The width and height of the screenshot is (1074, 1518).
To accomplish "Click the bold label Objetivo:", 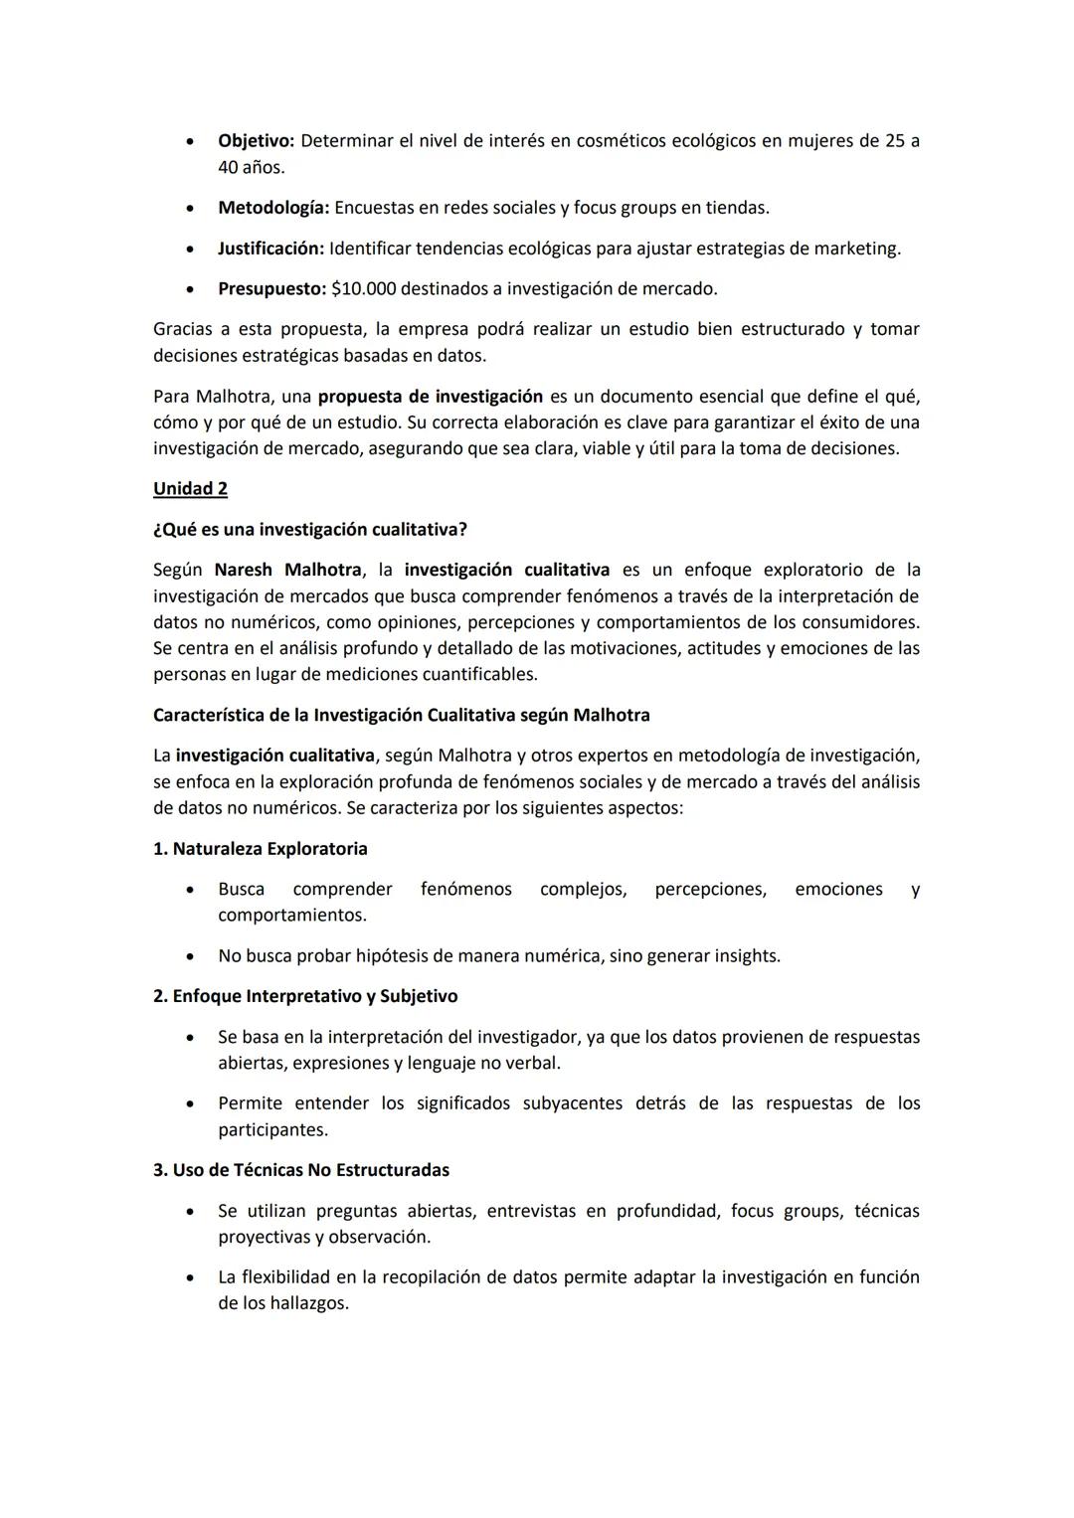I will (256, 141).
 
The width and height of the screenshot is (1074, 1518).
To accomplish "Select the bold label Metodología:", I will (273, 208).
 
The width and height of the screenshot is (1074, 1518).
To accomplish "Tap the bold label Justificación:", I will (270, 249).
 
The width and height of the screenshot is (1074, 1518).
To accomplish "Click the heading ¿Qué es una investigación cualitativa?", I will (310, 530).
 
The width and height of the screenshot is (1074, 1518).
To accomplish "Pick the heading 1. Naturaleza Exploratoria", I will (261, 849).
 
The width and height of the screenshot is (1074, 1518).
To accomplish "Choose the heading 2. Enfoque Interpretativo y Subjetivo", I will (305, 996).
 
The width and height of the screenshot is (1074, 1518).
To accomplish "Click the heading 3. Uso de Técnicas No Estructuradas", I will (301, 1170).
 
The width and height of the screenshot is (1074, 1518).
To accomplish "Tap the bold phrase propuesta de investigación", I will (431, 397).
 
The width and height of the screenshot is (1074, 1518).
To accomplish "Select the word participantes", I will (272, 1130).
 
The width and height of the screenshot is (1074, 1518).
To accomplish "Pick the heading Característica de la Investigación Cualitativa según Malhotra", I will (401, 716).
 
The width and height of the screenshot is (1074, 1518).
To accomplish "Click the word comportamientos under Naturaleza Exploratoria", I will (291, 916).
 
